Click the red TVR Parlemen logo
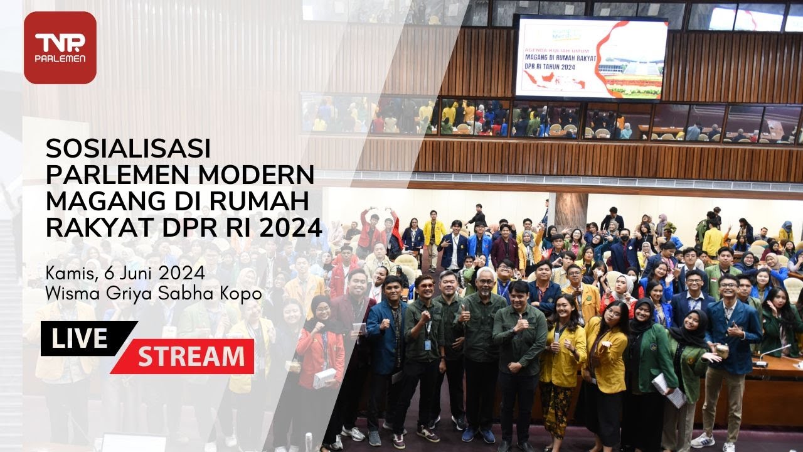click(60, 48)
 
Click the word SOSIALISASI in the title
click(128, 149)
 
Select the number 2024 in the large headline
click(290, 228)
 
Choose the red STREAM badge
click(191, 357)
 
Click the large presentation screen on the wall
click(590, 58)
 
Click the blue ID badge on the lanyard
click(427, 345)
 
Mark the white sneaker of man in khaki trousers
click(703, 439)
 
